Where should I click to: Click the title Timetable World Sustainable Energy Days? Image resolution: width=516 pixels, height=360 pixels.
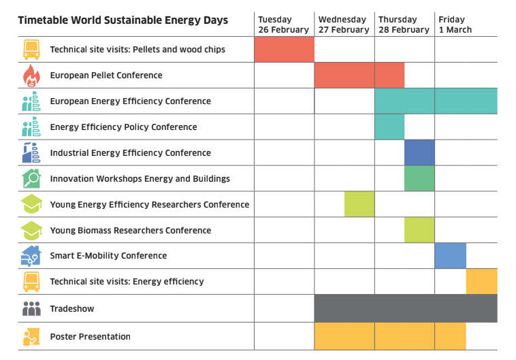123,20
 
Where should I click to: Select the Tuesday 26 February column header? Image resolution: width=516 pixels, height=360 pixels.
283,24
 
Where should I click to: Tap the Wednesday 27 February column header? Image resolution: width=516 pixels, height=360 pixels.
344,24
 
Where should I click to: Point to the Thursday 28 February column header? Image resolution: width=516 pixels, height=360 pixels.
404,24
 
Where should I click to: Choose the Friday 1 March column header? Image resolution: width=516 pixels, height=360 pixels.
455,24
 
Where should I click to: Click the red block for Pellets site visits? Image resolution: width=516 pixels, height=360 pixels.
285,50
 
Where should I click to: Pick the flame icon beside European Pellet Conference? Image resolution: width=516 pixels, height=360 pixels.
31,76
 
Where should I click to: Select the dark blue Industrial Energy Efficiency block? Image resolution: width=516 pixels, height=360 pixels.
419,152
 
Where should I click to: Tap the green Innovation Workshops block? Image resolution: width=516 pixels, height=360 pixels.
419,178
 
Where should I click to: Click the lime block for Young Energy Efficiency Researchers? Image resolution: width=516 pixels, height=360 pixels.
359,204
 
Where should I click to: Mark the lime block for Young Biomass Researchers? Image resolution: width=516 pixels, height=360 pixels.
419,230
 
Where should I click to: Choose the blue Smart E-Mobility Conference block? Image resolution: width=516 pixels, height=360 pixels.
451,256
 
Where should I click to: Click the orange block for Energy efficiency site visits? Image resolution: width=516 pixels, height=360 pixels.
482,281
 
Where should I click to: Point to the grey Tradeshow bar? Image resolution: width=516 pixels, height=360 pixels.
406,308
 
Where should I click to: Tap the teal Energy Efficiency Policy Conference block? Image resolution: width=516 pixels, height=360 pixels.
389,127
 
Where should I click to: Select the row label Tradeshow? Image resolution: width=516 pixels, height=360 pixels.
72,309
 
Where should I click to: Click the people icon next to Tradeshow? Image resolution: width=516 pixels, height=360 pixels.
31,309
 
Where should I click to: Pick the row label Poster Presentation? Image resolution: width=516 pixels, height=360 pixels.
90,337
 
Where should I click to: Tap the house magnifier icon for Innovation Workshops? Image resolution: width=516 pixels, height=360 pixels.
31,178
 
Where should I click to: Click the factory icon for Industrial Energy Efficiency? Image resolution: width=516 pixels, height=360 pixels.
31,152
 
